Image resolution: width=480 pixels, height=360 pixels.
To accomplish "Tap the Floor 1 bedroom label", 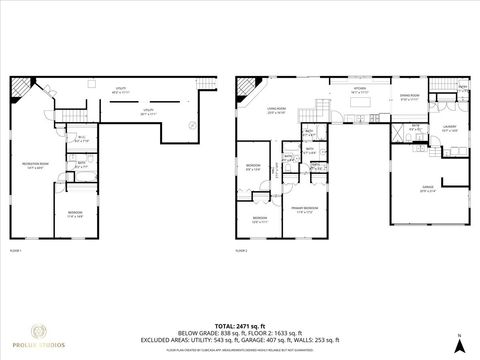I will pos(76,214).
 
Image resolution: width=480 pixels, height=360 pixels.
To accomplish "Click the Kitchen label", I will pos(359,90).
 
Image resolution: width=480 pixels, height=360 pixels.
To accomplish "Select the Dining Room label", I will pos(409,96).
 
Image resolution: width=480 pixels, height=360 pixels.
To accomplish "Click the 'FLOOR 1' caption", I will pos(15,250).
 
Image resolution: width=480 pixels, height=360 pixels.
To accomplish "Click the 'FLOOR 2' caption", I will pos(241,250).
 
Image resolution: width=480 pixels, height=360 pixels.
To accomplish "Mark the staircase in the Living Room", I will pos(323,107).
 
